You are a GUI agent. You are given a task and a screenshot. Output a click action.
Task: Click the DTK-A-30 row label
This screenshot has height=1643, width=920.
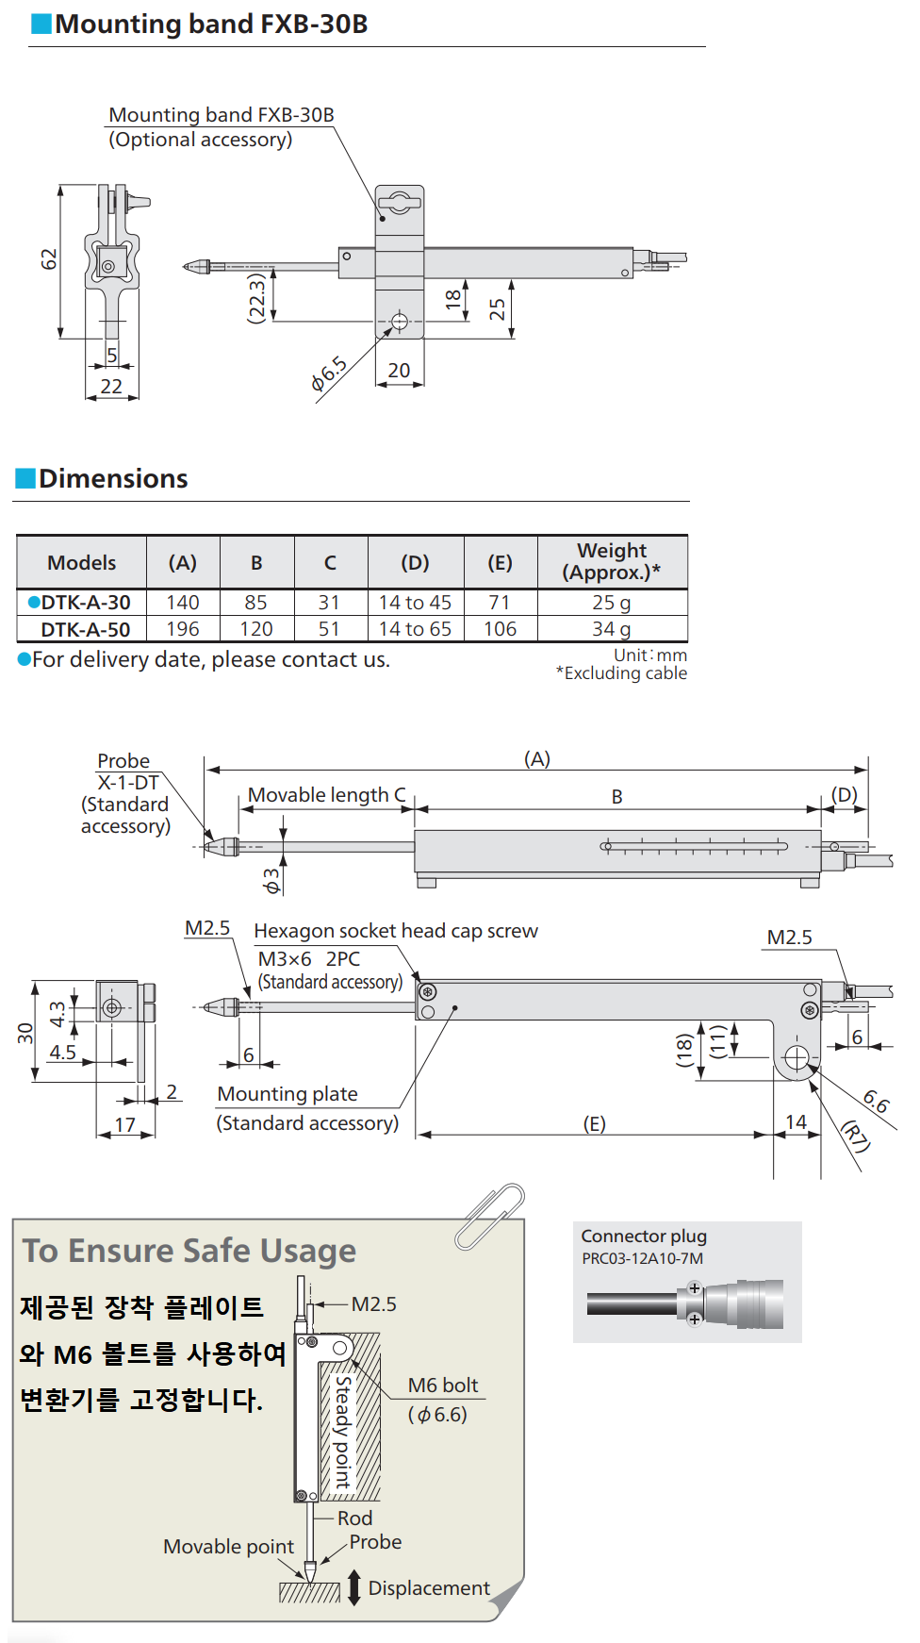85,603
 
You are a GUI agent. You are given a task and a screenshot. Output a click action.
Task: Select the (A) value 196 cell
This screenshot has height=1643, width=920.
183,629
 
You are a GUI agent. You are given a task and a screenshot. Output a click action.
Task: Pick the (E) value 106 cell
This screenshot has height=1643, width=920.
500,629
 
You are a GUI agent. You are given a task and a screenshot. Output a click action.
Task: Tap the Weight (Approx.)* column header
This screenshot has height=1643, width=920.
611,561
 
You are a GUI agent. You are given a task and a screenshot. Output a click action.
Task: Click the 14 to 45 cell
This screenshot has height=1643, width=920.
415,603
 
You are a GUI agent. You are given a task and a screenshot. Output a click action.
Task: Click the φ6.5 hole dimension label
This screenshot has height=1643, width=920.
329,373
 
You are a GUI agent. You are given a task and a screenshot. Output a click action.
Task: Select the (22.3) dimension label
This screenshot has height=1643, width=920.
256,298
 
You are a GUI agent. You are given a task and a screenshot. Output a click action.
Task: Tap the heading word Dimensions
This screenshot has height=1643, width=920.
113,479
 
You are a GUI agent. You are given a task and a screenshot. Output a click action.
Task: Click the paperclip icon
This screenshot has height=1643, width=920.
489,1216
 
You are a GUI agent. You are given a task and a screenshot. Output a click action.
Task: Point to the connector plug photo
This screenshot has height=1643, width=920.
687,1303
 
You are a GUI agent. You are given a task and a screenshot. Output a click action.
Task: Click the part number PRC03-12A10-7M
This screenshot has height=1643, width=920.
642,1258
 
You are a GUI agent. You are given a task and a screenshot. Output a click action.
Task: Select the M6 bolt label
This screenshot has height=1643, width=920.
442,1386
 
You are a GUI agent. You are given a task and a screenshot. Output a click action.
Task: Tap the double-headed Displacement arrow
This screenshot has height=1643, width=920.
354,1587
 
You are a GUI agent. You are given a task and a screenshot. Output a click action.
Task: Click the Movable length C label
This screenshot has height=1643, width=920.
326,795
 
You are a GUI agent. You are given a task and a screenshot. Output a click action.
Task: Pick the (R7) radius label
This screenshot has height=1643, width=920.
855,1136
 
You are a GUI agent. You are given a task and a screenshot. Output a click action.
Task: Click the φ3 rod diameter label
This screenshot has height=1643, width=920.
271,881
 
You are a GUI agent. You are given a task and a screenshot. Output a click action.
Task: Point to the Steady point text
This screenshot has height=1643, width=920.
343,1432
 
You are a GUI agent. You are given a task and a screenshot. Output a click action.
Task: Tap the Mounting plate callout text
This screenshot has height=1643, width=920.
287,1094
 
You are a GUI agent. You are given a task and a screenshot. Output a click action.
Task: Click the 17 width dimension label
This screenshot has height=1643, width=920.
125,1124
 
